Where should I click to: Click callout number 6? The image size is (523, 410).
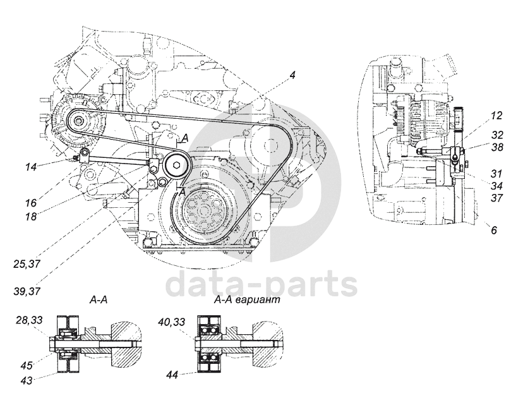(495, 231)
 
